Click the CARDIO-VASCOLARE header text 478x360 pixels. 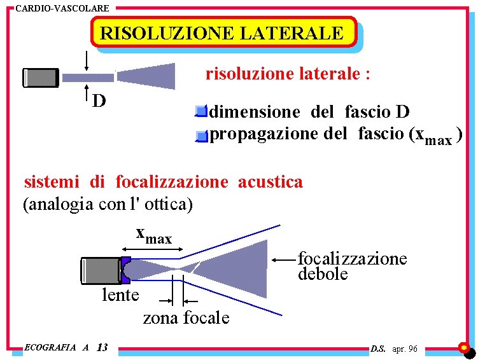click(x=62, y=8)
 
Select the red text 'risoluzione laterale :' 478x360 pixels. click(x=288, y=74)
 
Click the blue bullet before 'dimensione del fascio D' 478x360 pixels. click(x=202, y=113)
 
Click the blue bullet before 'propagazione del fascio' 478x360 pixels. click(x=202, y=135)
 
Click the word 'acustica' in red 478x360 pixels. click(x=271, y=182)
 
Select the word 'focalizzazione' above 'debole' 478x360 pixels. click(x=352, y=258)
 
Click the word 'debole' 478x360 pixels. click(x=323, y=274)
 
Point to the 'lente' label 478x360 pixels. click(x=120, y=295)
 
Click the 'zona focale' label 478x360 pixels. click(x=186, y=317)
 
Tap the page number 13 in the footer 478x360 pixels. click(x=102, y=347)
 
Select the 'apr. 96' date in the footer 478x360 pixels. click(x=405, y=349)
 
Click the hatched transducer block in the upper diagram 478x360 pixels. click(x=41, y=77)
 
